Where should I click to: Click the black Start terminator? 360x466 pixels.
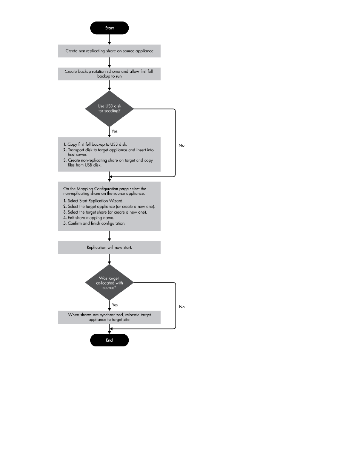click(x=109, y=28)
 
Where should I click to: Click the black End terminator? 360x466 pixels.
click(x=109, y=340)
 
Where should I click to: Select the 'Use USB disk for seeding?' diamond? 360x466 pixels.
click(x=109, y=109)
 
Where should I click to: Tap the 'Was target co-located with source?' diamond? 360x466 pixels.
click(x=109, y=283)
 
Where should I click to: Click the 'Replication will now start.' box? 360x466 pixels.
click(x=109, y=248)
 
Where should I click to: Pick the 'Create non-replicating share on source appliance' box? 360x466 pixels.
click(x=109, y=51)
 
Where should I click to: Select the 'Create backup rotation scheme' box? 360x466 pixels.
click(x=109, y=74)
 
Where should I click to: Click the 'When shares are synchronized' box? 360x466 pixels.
click(x=109, y=317)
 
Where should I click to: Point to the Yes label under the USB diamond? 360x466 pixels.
click(x=114, y=131)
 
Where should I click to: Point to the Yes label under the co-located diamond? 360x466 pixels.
click(x=115, y=305)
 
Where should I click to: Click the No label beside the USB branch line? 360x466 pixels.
click(x=182, y=145)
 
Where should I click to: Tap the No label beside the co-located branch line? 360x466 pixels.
click(x=182, y=307)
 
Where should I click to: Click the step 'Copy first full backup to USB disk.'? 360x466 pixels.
click(x=95, y=144)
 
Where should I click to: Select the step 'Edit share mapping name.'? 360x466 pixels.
click(x=89, y=218)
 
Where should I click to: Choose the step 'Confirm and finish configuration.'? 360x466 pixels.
click(x=94, y=223)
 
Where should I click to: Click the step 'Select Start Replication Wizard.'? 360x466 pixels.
click(x=93, y=201)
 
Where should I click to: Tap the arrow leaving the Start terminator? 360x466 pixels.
click(x=109, y=40)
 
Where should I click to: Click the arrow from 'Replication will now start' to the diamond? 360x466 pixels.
click(x=109, y=259)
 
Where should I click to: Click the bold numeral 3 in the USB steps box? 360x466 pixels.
click(x=65, y=160)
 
